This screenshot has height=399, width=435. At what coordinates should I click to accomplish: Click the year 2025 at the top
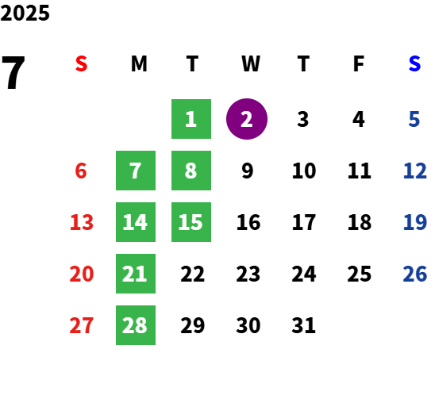coord(25,13)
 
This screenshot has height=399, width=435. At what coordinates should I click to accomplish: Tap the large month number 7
coord(13,72)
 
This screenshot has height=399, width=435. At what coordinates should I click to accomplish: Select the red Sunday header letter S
coord(81,63)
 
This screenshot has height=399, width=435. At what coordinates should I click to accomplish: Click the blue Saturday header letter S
coord(414,63)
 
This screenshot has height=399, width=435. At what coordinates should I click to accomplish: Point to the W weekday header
coord(251,63)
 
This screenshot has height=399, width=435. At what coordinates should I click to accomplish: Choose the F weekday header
coord(359,63)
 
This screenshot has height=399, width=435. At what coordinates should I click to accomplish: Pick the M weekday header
coord(139,63)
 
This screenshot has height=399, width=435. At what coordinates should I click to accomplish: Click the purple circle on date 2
coord(247,119)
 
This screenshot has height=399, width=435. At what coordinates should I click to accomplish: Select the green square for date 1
coord(191,119)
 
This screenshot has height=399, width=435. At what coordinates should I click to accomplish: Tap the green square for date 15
coord(191,222)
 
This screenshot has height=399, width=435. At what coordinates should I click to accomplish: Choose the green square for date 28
coord(136,325)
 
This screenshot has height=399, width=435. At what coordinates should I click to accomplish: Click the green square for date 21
coord(136,274)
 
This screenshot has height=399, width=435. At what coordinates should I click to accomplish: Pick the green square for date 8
coord(191,171)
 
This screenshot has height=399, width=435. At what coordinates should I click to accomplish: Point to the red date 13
coord(82,222)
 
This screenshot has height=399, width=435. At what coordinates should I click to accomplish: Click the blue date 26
coord(414,274)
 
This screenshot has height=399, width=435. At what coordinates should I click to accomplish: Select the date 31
coord(303,325)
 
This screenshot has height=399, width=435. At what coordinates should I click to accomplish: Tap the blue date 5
coord(414,119)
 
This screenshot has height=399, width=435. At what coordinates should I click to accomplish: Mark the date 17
coord(304,222)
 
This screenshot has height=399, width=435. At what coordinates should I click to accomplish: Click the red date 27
coord(81,325)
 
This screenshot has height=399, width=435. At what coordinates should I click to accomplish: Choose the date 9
coord(247,171)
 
